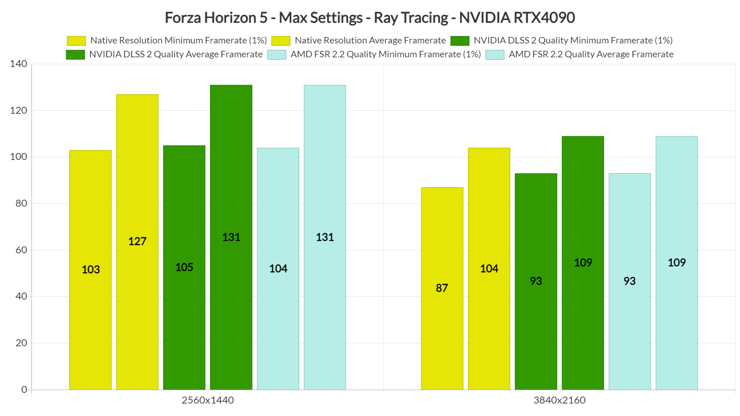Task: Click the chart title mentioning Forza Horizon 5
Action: tap(370, 18)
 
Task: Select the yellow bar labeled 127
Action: tap(137, 241)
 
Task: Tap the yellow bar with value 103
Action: tap(91, 269)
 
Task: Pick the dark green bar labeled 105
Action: tap(184, 267)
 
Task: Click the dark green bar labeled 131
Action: tap(231, 237)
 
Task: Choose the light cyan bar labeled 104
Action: tap(278, 269)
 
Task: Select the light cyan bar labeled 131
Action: tap(325, 237)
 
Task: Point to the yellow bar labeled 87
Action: tap(442, 288)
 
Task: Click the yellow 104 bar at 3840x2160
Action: tap(489, 269)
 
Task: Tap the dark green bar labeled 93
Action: tap(536, 281)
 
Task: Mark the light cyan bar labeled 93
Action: tap(629, 281)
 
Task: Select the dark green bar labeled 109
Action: tap(583, 263)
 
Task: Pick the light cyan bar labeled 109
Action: tap(677, 263)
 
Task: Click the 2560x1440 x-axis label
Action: tap(208, 400)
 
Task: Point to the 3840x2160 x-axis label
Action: tap(559, 400)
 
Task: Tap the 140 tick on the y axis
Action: tap(18, 64)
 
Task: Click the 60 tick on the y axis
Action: tap(21, 250)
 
